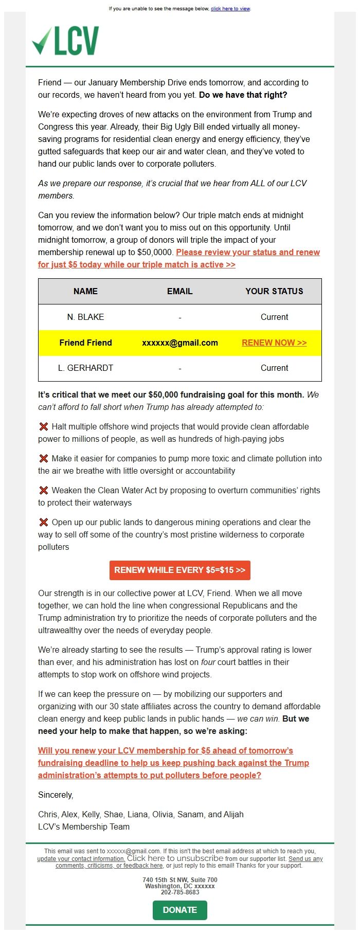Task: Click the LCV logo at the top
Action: point(65,41)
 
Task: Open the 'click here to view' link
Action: point(230,9)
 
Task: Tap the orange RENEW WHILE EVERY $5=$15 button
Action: point(179,570)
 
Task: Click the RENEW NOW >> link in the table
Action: point(274,343)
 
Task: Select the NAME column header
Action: point(85,291)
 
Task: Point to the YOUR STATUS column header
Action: point(274,291)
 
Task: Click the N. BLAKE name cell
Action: point(85,317)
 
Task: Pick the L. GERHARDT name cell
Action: point(85,368)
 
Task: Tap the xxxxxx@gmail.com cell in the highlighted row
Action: point(179,343)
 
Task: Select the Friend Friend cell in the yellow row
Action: point(85,343)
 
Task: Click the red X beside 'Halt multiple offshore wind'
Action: point(44,426)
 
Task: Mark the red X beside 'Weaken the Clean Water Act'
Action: point(44,490)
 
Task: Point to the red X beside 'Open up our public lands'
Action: point(44,522)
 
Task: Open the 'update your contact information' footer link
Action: point(81,858)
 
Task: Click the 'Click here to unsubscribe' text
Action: point(175,858)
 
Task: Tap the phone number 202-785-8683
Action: point(179,892)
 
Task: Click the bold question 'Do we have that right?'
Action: point(243,95)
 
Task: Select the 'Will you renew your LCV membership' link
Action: point(173,763)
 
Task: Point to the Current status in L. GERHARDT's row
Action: point(274,368)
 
